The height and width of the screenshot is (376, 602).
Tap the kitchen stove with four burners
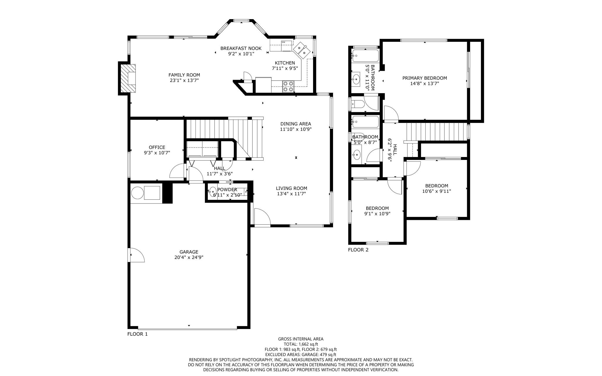pos(288,86)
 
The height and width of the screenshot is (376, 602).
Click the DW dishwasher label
pos(283,42)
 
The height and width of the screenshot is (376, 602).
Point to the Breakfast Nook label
pos(241,49)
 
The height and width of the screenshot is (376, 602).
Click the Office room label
pos(157,147)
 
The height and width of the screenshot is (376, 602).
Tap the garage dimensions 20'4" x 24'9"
pos(189,257)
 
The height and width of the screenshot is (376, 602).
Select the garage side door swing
pos(136,255)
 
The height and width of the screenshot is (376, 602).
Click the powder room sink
pos(213,191)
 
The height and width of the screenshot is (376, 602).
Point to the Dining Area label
pos(295,124)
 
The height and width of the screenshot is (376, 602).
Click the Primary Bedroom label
pos(424,78)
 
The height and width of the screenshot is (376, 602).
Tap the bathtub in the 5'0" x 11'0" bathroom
pos(365,55)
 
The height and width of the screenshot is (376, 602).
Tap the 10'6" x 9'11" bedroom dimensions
pos(437,191)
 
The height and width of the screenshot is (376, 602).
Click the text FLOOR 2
pos(358,250)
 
